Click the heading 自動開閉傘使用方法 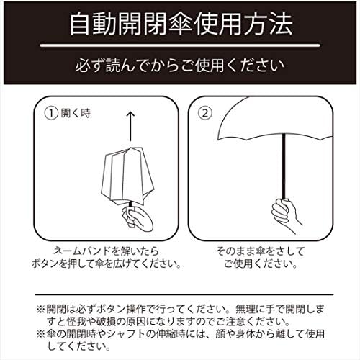coord(180,24)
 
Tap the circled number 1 coord(50,112)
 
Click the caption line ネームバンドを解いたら coord(108,251)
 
